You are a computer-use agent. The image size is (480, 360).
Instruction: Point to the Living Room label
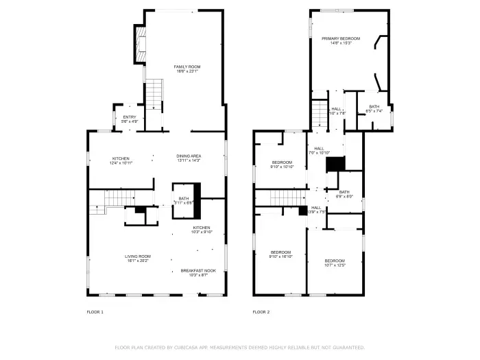pos(136,259)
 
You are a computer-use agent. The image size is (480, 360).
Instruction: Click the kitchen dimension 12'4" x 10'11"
pos(120,163)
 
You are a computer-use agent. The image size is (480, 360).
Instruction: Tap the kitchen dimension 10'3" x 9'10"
pos(202,232)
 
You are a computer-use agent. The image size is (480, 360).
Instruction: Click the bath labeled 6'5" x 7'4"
pos(374,108)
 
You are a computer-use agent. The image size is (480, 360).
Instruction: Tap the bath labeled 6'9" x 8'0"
pos(344,195)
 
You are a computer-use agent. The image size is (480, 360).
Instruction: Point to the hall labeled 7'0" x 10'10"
pos(320,151)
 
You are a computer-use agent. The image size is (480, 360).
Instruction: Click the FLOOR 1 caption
pos(95,312)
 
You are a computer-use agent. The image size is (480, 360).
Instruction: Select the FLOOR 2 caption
pos(261,312)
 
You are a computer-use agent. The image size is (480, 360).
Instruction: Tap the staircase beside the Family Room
pos(156,95)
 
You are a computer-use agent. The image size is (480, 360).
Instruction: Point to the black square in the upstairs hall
pos(335,165)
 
